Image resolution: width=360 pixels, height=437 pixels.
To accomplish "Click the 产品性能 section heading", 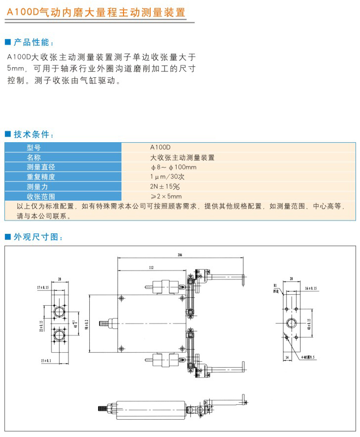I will point(34,42).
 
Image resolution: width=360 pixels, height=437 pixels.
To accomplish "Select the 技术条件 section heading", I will point(34,134).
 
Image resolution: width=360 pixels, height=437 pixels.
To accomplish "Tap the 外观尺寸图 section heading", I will point(38,237).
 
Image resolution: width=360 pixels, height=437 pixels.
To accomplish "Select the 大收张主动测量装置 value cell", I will point(182,157).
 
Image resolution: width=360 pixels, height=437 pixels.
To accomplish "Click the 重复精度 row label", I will point(41,177).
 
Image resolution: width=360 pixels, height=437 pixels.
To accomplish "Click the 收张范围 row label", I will point(41,196).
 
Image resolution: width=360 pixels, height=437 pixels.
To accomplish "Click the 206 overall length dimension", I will point(180,255).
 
